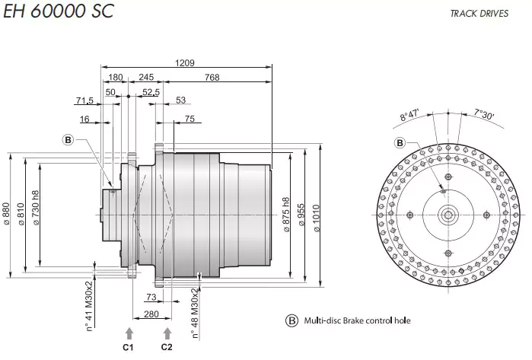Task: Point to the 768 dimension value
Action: point(212,77)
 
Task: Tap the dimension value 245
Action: point(146,77)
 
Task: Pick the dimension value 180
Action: point(116,77)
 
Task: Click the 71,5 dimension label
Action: point(85,101)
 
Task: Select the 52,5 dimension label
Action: point(151,91)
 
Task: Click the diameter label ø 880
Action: point(7,214)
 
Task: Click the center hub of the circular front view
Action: point(448,215)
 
